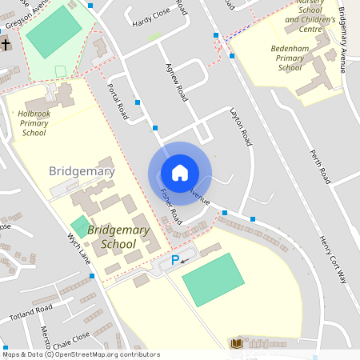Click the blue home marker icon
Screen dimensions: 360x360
coord(180,173)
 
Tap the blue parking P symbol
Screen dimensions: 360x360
coord(175,260)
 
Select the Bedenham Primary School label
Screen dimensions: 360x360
coord(290,58)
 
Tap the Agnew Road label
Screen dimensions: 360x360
coord(175,81)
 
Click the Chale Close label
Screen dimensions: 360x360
coord(71,337)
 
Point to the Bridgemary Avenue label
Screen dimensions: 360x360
coord(346,40)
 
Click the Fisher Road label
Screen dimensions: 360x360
coord(171,206)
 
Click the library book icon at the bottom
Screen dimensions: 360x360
coord(236,343)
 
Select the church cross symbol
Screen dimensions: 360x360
coord(6,45)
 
